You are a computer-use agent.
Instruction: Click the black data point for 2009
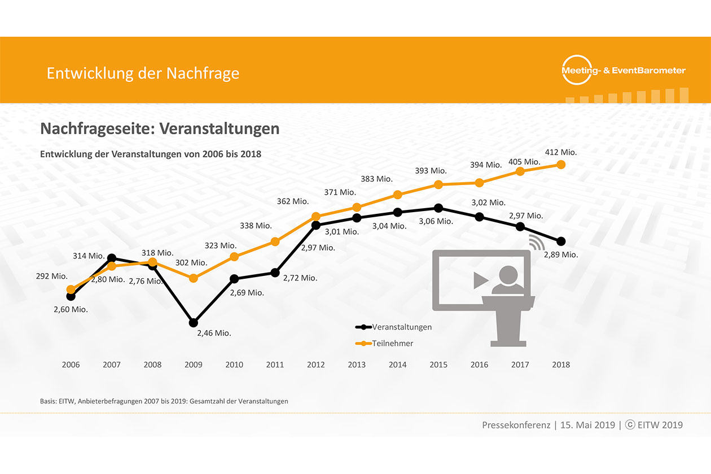coord(194,323)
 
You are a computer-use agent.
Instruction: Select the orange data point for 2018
coord(561,164)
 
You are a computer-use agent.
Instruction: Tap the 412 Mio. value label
coord(561,152)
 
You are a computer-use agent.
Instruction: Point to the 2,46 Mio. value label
coord(214,333)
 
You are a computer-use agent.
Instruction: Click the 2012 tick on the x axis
coord(316,365)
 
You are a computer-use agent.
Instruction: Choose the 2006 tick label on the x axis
coord(71,365)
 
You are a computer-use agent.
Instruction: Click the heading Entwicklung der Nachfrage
coord(143,73)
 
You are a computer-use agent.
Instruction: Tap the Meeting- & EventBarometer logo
coord(624,71)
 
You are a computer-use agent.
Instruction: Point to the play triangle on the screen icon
coord(480,279)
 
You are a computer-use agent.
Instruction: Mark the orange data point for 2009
coord(194,278)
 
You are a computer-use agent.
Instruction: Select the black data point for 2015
coord(438,208)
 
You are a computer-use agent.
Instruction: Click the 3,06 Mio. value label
coord(436,221)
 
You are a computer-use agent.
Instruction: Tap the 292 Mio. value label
coord(51,276)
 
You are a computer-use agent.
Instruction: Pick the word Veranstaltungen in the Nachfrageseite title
coord(220,129)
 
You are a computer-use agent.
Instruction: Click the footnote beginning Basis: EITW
coord(164,401)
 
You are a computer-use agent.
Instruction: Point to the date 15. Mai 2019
coord(587,425)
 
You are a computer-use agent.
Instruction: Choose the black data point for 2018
coord(561,242)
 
